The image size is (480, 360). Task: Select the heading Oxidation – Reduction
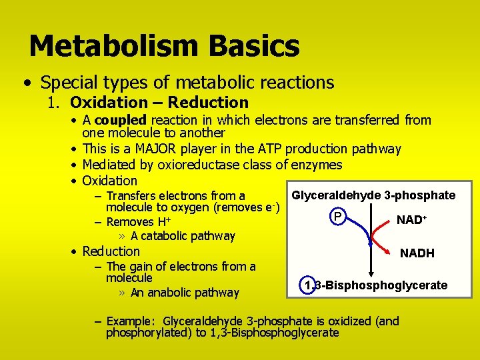(x=159, y=103)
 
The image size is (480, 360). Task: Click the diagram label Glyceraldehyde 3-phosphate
(x=373, y=195)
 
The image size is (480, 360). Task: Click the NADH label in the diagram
(x=417, y=253)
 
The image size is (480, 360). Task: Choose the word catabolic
(x=165, y=236)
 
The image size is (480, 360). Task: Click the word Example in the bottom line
(x=131, y=321)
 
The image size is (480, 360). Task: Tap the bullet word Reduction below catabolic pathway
(x=111, y=251)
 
